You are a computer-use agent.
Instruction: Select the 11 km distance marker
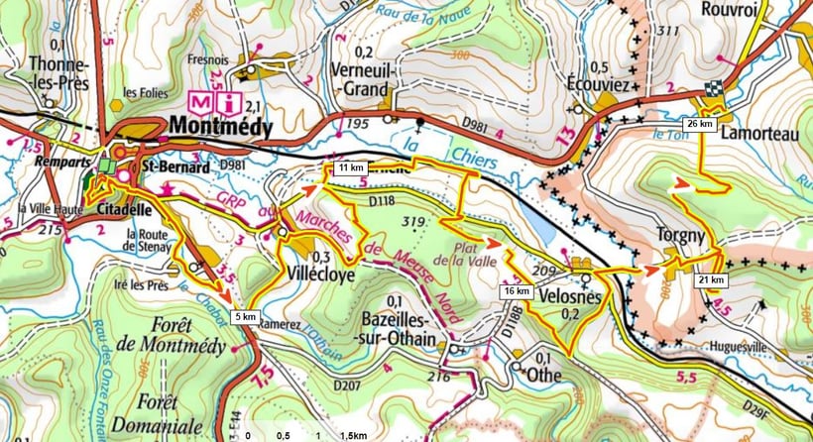click(x=346, y=168)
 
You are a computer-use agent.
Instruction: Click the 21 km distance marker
click(x=712, y=280)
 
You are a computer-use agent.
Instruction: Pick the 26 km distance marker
click(x=701, y=124)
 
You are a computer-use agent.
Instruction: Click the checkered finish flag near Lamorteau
click(x=711, y=90)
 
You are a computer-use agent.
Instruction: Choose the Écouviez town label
click(x=599, y=85)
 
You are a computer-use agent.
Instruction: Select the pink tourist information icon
click(x=230, y=101)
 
